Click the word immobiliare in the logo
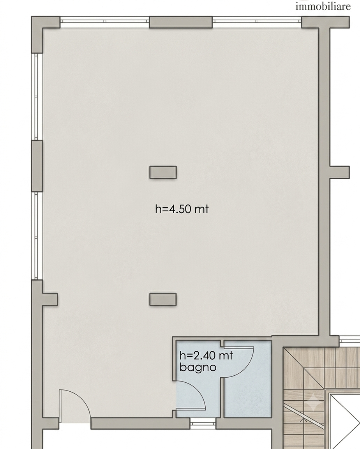tap(323, 6)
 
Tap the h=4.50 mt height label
tap(182, 209)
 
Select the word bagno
tap(198, 368)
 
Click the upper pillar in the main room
tap(163, 172)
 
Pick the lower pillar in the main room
tap(163, 299)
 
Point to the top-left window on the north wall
tap(104, 22)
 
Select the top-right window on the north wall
tap(257, 22)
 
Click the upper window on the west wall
tap(36, 97)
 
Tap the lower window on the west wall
tap(36, 236)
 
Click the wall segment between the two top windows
tap(181, 22)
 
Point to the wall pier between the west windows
tap(37, 166)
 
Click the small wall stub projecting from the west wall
tap(50, 299)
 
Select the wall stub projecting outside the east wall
tap(340, 172)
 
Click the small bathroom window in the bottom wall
tap(203, 423)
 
